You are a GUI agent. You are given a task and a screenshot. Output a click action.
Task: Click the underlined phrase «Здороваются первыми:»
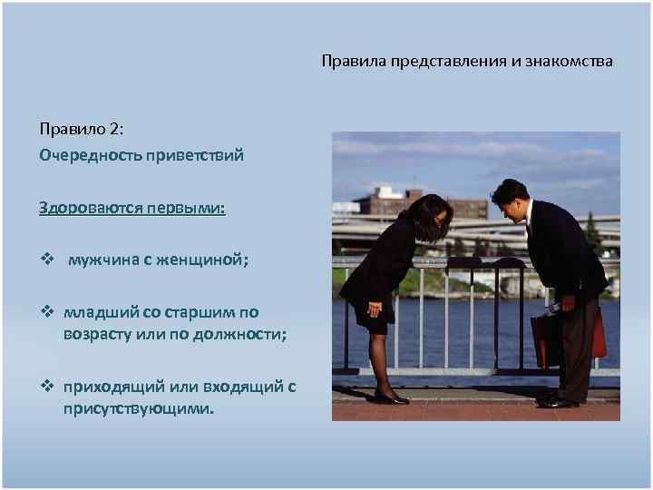click(132, 208)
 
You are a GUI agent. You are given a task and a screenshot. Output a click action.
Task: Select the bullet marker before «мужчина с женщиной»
click(46, 260)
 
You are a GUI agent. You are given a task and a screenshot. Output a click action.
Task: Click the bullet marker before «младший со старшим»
click(46, 312)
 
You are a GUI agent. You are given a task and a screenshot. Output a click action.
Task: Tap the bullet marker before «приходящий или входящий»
click(46, 387)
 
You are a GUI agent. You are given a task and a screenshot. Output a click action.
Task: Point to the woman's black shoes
click(392, 397)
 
